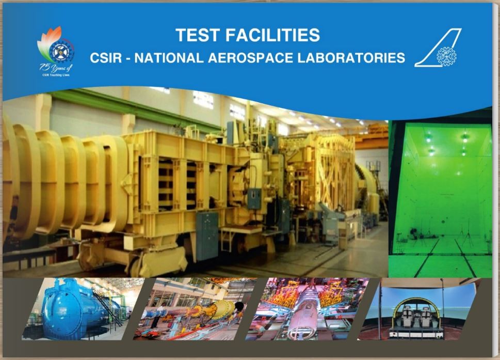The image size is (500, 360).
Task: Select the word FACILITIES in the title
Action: pyautogui.click(x=273, y=36)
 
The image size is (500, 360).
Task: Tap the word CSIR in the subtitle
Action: pyautogui.click(x=108, y=58)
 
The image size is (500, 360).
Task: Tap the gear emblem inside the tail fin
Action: pyautogui.click(x=445, y=55)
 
